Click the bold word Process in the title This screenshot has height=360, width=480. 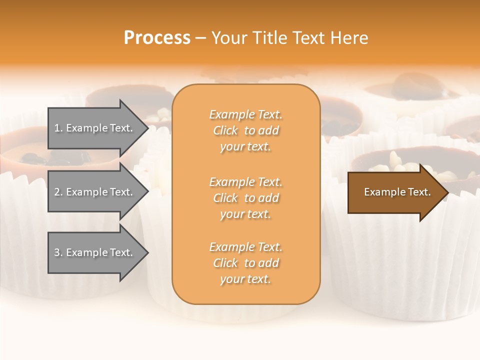[157, 38]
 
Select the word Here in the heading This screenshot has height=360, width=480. [349, 38]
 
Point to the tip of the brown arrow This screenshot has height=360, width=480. [446, 192]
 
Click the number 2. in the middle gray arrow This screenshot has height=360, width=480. [58, 192]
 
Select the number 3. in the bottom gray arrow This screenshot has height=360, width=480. [58, 252]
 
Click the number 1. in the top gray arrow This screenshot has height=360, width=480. [58, 128]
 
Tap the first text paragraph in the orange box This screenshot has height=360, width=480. [245, 130]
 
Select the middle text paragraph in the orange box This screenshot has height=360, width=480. [245, 198]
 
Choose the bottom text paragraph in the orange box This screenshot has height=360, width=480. [245, 263]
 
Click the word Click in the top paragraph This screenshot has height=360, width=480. [225, 130]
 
